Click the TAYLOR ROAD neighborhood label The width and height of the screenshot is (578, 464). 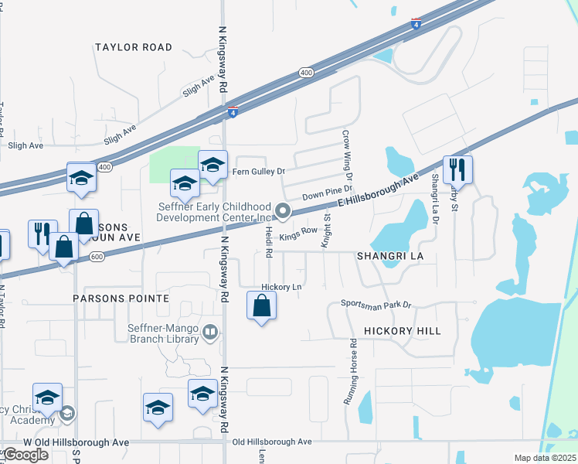134,47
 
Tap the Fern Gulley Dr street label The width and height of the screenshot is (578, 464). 260,171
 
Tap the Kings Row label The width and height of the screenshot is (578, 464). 298,231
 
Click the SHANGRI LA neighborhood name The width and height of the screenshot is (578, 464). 390,255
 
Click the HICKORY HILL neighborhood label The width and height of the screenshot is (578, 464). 403,331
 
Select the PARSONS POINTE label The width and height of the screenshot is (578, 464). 121,298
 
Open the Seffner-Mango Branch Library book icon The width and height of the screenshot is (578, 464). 210,333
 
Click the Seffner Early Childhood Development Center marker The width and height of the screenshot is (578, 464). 284,210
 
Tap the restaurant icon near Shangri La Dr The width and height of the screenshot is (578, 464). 457,169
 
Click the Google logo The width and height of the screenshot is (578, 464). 25,455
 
